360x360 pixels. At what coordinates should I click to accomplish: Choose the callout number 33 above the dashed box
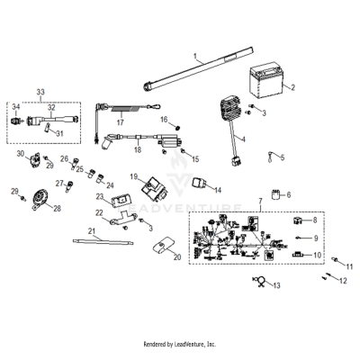[39, 93]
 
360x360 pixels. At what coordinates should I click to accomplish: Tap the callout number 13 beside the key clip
[276, 285]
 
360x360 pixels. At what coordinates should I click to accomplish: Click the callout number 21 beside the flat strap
[93, 230]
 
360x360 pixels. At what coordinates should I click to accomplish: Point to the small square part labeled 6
[274, 195]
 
